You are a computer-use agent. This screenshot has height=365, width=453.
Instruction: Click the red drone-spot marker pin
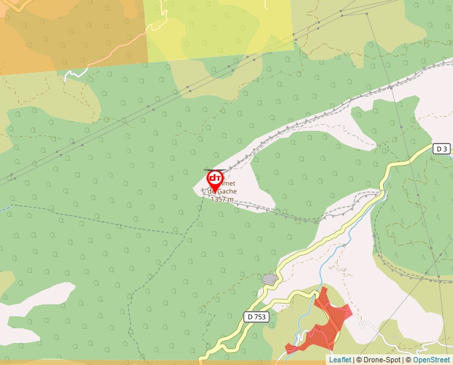point(215,180)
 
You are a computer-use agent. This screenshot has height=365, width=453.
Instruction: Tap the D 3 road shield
point(441,148)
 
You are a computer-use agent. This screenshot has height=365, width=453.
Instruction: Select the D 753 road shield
point(256,317)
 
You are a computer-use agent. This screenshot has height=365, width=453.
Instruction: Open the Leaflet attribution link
point(340,360)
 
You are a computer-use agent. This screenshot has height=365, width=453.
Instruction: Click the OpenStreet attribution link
point(431,360)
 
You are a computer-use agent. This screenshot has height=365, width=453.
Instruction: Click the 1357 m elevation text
point(222,199)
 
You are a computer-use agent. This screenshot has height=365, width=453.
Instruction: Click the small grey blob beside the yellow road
point(269,278)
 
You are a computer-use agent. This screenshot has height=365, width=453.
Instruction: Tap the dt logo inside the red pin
point(215,178)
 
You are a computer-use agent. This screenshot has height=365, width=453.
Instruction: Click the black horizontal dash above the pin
point(211,169)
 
